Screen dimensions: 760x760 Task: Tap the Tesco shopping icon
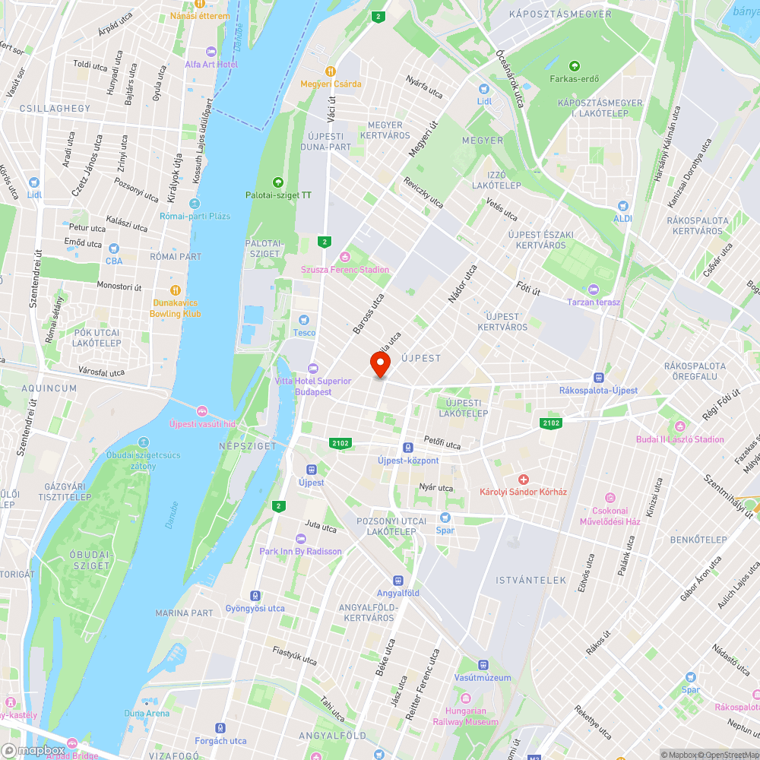(305, 321)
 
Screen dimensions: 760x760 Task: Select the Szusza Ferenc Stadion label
(345, 269)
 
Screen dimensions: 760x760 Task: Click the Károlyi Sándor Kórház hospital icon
(523, 479)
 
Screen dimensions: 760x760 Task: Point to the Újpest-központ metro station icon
(408, 448)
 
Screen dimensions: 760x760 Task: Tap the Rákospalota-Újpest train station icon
(599, 377)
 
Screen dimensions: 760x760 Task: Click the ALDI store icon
(623, 206)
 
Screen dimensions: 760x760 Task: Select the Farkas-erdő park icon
(574, 66)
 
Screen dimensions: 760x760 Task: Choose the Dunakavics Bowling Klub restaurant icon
(176, 290)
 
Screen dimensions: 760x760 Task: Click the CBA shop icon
(114, 249)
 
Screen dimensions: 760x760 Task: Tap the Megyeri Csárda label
(331, 84)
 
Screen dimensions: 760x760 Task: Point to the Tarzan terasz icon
(594, 290)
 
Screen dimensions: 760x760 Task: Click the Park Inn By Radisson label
(300, 551)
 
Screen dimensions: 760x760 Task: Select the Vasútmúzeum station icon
(483, 665)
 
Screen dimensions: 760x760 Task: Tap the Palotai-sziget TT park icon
(277, 182)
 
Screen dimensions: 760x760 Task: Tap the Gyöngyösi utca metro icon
(255, 596)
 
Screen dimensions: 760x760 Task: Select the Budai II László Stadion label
(680, 439)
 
